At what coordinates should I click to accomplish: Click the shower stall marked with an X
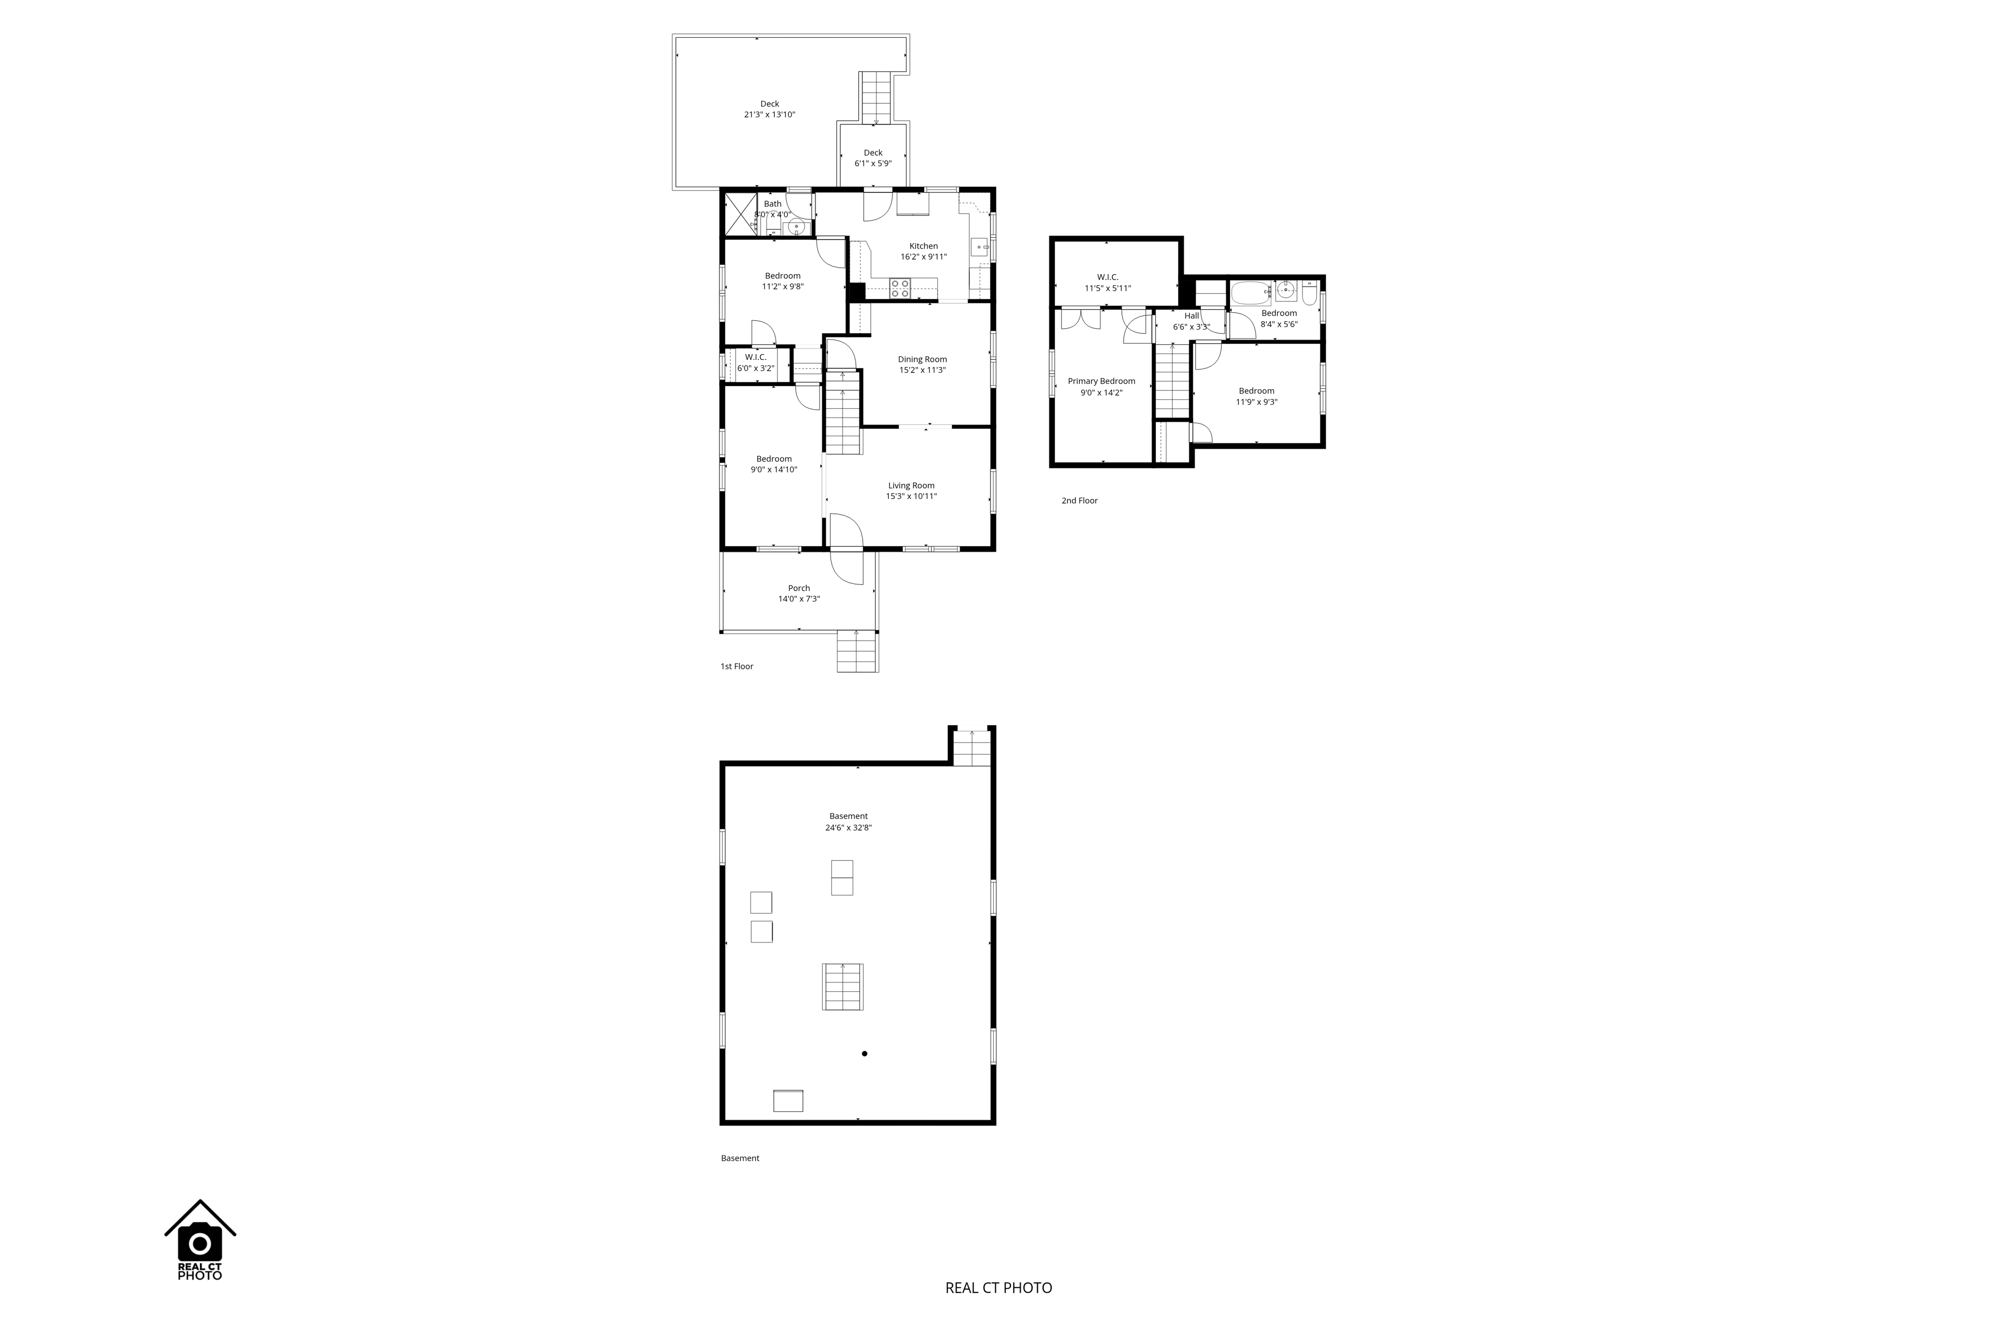click(740, 214)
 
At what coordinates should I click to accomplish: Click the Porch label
click(799, 588)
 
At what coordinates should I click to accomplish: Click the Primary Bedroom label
click(1102, 382)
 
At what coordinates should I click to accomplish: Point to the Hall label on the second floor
click(1192, 316)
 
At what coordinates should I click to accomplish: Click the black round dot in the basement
click(865, 1054)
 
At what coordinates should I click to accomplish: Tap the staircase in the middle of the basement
click(842, 987)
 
